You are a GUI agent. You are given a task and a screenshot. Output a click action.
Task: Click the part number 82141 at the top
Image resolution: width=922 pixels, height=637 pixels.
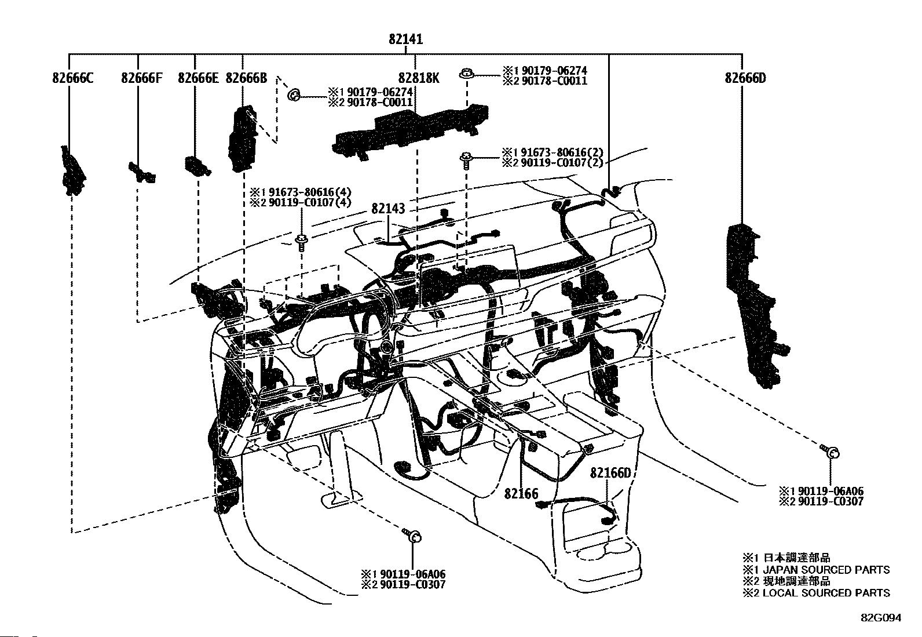[405, 39]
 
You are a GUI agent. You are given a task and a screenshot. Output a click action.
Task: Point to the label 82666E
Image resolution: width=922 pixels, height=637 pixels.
[198, 77]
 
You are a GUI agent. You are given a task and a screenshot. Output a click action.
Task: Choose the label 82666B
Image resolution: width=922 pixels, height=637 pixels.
[246, 77]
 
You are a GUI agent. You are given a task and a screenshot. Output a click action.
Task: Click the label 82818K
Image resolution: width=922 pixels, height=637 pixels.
[418, 77]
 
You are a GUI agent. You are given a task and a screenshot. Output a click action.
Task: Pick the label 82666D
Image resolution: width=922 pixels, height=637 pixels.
[745, 77]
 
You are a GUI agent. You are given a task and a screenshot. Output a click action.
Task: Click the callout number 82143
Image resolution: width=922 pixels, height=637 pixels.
[388, 209]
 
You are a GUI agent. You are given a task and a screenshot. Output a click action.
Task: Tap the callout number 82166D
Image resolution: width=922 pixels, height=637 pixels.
[610, 473]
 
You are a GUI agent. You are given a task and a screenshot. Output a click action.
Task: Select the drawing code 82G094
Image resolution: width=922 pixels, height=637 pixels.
[880, 618]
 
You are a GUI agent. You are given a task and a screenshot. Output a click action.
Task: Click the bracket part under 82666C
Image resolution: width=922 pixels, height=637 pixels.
[72, 171]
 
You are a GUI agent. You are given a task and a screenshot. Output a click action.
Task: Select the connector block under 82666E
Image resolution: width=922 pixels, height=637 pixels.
[197, 165]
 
